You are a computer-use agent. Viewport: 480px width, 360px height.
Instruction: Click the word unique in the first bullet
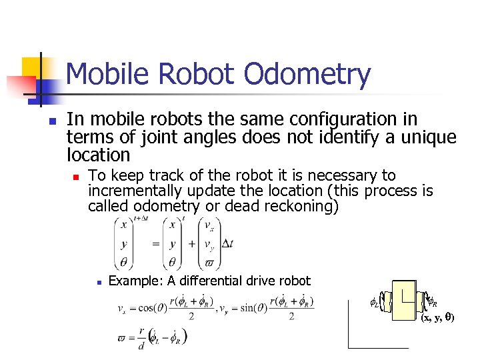click(423, 137)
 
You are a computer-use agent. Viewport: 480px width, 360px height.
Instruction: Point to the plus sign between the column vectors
click(192, 244)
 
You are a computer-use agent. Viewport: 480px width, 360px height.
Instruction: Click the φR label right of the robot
click(431, 302)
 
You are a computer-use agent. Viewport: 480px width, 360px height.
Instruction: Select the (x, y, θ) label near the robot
click(437, 318)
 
